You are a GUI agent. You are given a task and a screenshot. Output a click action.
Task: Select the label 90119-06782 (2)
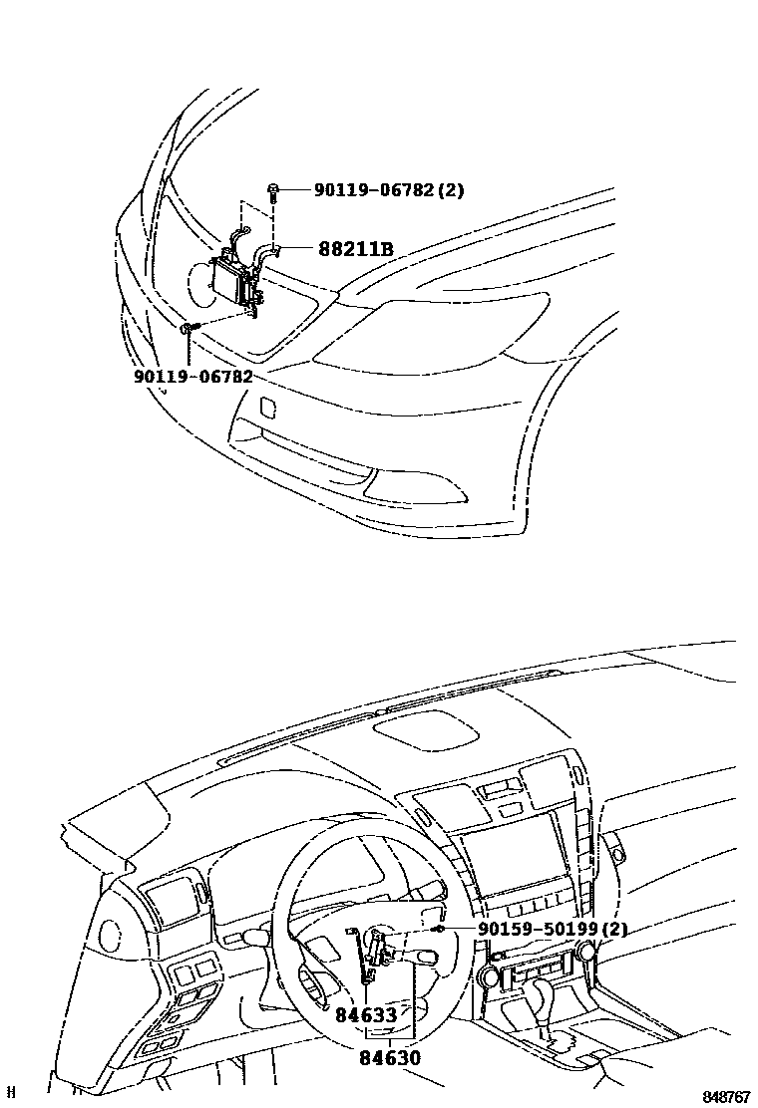(389, 189)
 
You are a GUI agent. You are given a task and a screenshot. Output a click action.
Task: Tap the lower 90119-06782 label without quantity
(192, 377)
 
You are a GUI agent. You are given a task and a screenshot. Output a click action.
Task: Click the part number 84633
(366, 1015)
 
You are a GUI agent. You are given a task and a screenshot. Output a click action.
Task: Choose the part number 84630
(391, 1058)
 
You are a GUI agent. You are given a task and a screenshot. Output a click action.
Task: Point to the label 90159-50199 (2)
(567, 930)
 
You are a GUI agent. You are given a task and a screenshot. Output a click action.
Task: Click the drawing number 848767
(725, 1097)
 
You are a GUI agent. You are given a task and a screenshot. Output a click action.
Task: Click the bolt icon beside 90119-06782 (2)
(272, 189)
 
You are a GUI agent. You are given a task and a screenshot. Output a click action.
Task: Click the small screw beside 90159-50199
(438, 929)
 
